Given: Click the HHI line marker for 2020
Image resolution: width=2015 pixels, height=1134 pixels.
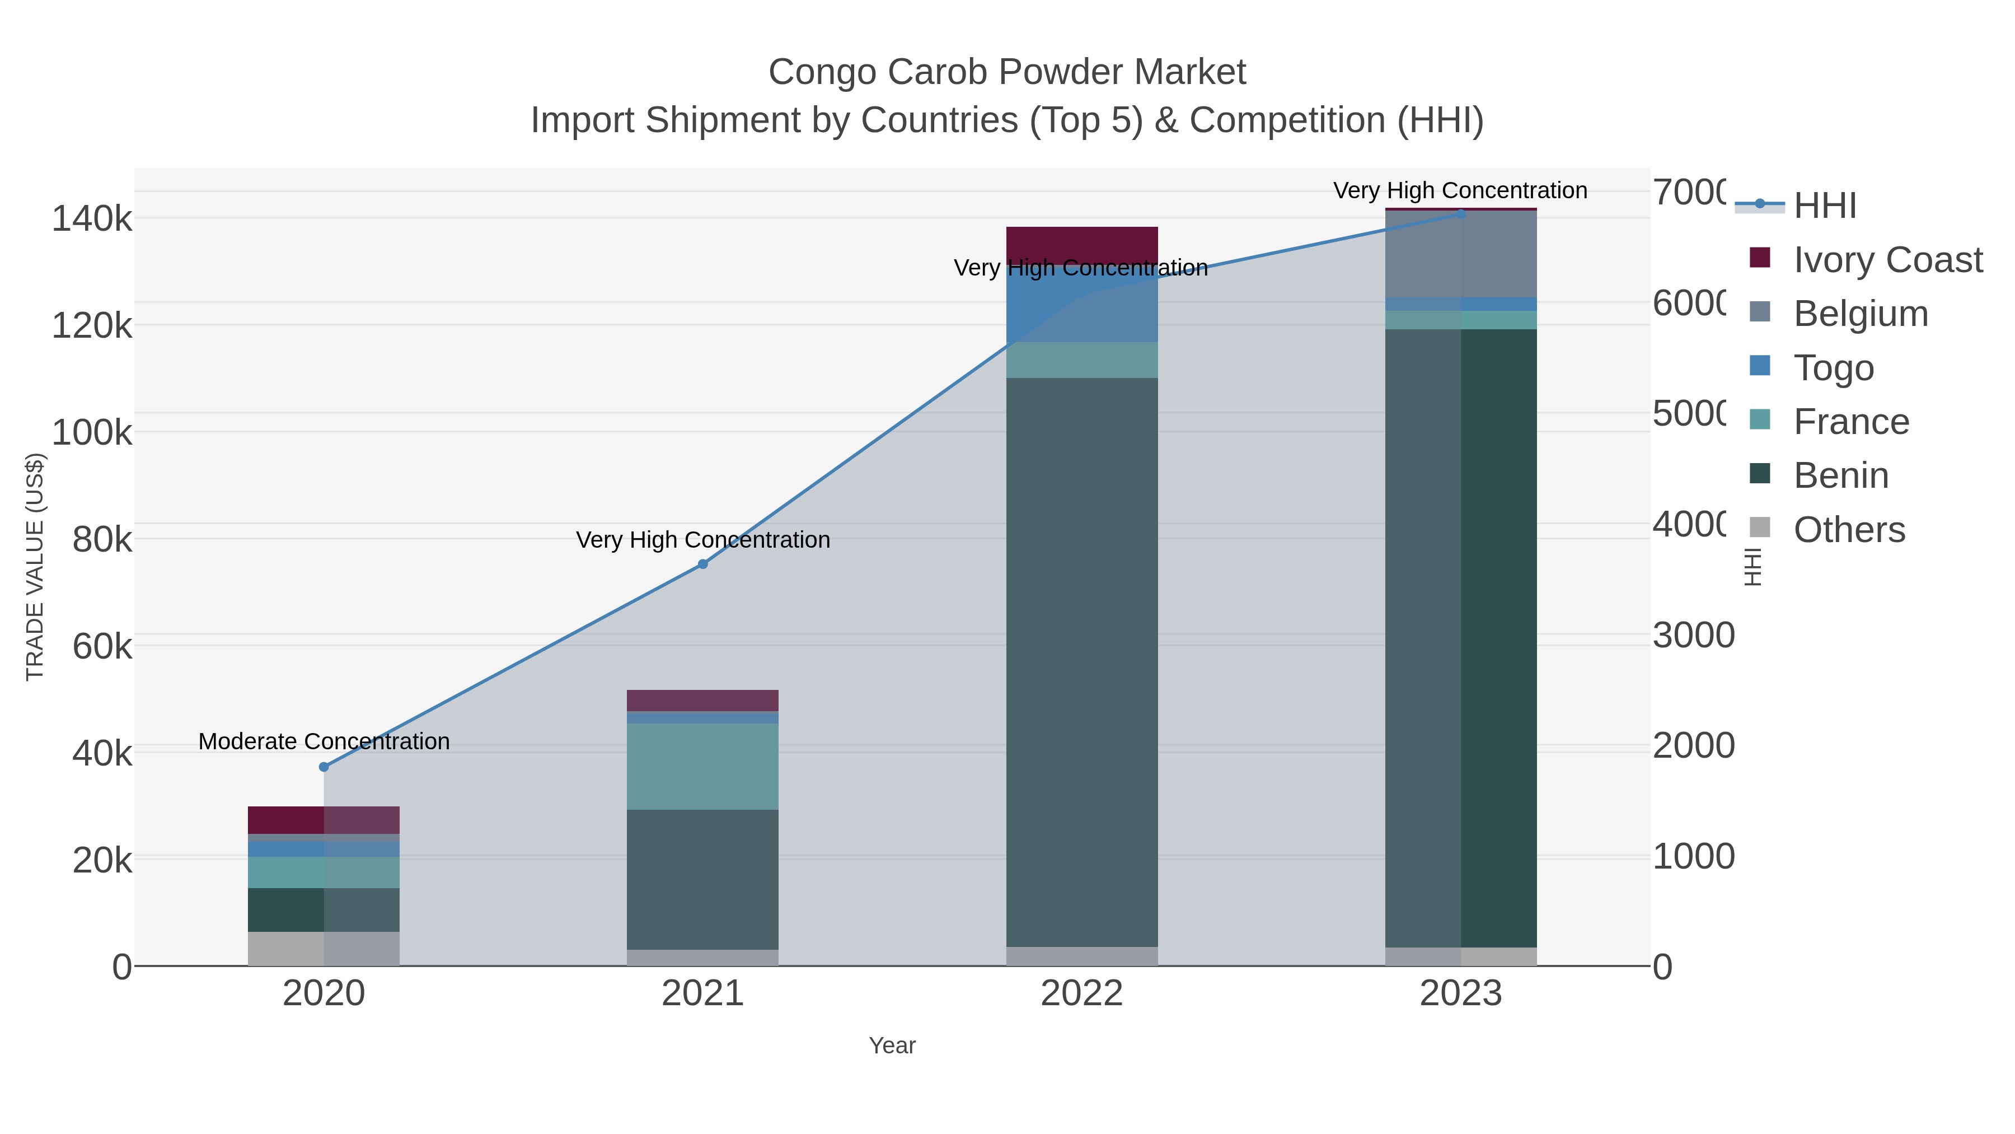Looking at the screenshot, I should [324, 767].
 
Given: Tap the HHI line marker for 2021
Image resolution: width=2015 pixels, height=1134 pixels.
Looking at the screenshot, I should [702, 564].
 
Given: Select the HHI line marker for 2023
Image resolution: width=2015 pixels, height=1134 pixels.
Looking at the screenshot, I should [1460, 214].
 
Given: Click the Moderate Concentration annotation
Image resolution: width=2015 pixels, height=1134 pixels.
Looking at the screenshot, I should [324, 741].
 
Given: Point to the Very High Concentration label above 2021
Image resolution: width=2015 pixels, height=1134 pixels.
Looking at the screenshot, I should [702, 540].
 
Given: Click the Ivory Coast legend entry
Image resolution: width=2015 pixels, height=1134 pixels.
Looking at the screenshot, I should [1887, 260].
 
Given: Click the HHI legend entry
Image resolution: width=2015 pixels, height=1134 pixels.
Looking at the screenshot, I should [1824, 206].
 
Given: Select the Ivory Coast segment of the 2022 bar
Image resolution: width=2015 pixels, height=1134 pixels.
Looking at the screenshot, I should [1082, 245].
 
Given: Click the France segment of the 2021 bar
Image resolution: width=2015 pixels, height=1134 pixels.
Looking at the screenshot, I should [702, 766].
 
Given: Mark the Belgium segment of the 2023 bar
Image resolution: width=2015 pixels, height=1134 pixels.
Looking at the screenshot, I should [1460, 254].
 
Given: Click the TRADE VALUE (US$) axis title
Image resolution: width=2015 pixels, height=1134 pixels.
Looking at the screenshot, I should [35, 567].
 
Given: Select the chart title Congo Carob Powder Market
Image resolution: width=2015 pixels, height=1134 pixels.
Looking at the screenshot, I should [1007, 72].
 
